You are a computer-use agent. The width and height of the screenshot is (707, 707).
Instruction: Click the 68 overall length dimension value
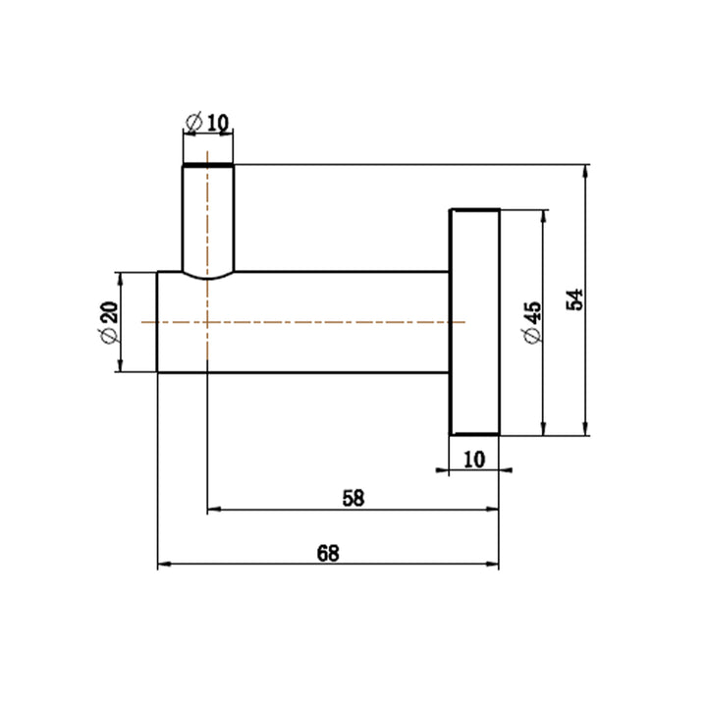pyautogui.click(x=328, y=553)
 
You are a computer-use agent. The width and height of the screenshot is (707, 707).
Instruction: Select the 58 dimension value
pyautogui.click(x=353, y=498)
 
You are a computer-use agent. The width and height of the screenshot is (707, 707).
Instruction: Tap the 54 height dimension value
pyautogui.click(x=574, y=299)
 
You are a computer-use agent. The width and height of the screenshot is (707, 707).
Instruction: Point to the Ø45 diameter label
pyautogui.click(x=532, y=322)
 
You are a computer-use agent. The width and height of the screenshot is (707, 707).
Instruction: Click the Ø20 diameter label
pyautogui.click(x=110, y=322)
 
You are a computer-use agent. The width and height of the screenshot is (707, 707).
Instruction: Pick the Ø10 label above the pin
pyautogui.click(x=207, y=123)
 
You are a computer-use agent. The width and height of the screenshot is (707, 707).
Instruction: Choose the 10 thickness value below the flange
pyautogui.click(x=474, y=460)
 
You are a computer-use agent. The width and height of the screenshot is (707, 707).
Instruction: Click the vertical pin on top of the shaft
pyautogui.click(x=208, y=221)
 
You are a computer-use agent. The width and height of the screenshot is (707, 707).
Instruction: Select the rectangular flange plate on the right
pyautogui.click(x=475, y=322)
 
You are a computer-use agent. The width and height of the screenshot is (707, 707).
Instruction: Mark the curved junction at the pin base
pyautogui.click(x=208, y=278)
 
